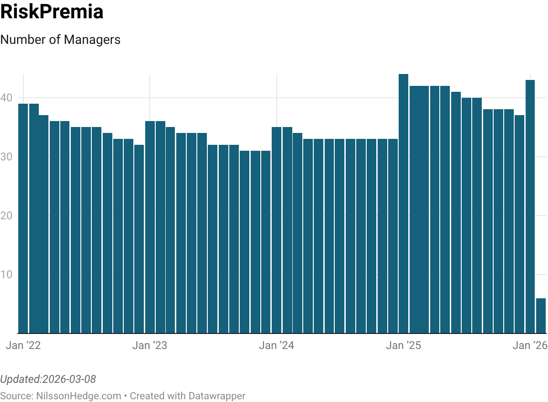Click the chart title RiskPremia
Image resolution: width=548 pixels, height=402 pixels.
52,12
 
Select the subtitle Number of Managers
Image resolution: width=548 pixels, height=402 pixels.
60,40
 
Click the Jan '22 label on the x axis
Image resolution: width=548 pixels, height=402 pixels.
23,346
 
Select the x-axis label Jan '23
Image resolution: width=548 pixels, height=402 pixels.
150,346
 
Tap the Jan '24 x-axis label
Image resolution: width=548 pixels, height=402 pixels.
276,346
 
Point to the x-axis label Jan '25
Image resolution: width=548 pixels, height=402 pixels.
403,346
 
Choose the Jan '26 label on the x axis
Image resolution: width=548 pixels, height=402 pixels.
530,346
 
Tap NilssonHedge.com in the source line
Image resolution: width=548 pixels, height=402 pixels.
79,396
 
